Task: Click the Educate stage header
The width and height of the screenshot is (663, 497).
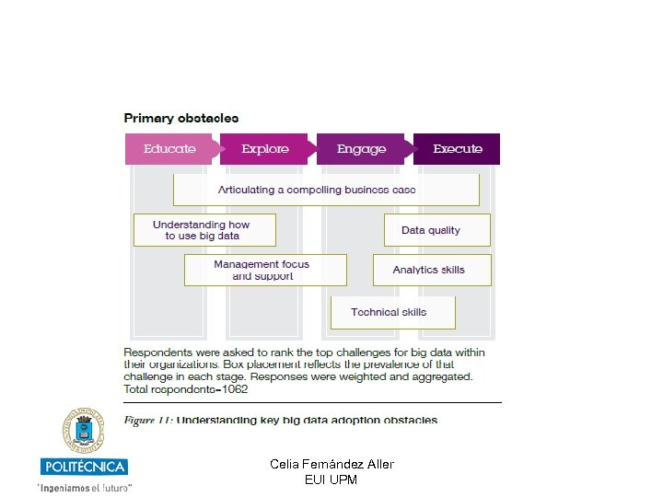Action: pyautogui.click(x=170, y=149)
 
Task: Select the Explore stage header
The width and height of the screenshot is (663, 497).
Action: pyautogui.click(x=265, y=149)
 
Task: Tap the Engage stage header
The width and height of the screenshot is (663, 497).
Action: pyautogui.click(x=362, y=149)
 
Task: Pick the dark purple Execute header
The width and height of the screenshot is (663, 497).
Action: pyautogui.click(x=458, y=149)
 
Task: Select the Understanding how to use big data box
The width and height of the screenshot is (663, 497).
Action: pyautogui.click(x=202, y=230)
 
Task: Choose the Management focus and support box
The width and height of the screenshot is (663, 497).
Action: pyautogui.click(x=262, y=270)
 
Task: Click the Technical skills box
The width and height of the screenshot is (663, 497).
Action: pyautogui.click(x=389, y=312)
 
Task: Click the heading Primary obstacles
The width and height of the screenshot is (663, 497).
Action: pyautogui.click(x=181, y=118)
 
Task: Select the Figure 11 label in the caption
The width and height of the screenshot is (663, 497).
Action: pyautogui.click(x=147, y=421)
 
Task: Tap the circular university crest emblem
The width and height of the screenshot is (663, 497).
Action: pyautogui.click(x=84, y=431)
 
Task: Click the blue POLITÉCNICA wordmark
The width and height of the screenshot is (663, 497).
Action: pyautogui.click(x=84, y=467)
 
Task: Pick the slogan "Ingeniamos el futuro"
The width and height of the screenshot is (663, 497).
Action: pyautogui.click(x=85, y=486)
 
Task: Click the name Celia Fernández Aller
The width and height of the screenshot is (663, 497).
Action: pyautogui.click(x=331, y=464)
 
